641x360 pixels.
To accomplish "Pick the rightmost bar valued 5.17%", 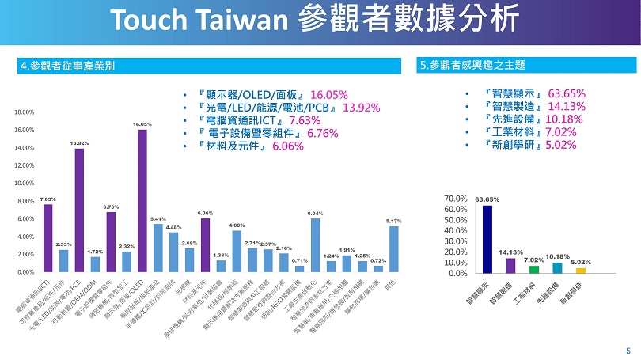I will (x=393, y=249).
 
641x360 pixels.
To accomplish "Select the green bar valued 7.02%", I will (x=534, y=269).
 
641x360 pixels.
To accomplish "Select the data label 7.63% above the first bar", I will (x=47, y=199).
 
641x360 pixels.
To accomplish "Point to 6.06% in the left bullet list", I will (x=288, y=146).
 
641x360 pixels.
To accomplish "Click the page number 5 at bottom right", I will (x=628, y=349).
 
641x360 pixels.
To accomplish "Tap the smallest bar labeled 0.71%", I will (x=299, y=268).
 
